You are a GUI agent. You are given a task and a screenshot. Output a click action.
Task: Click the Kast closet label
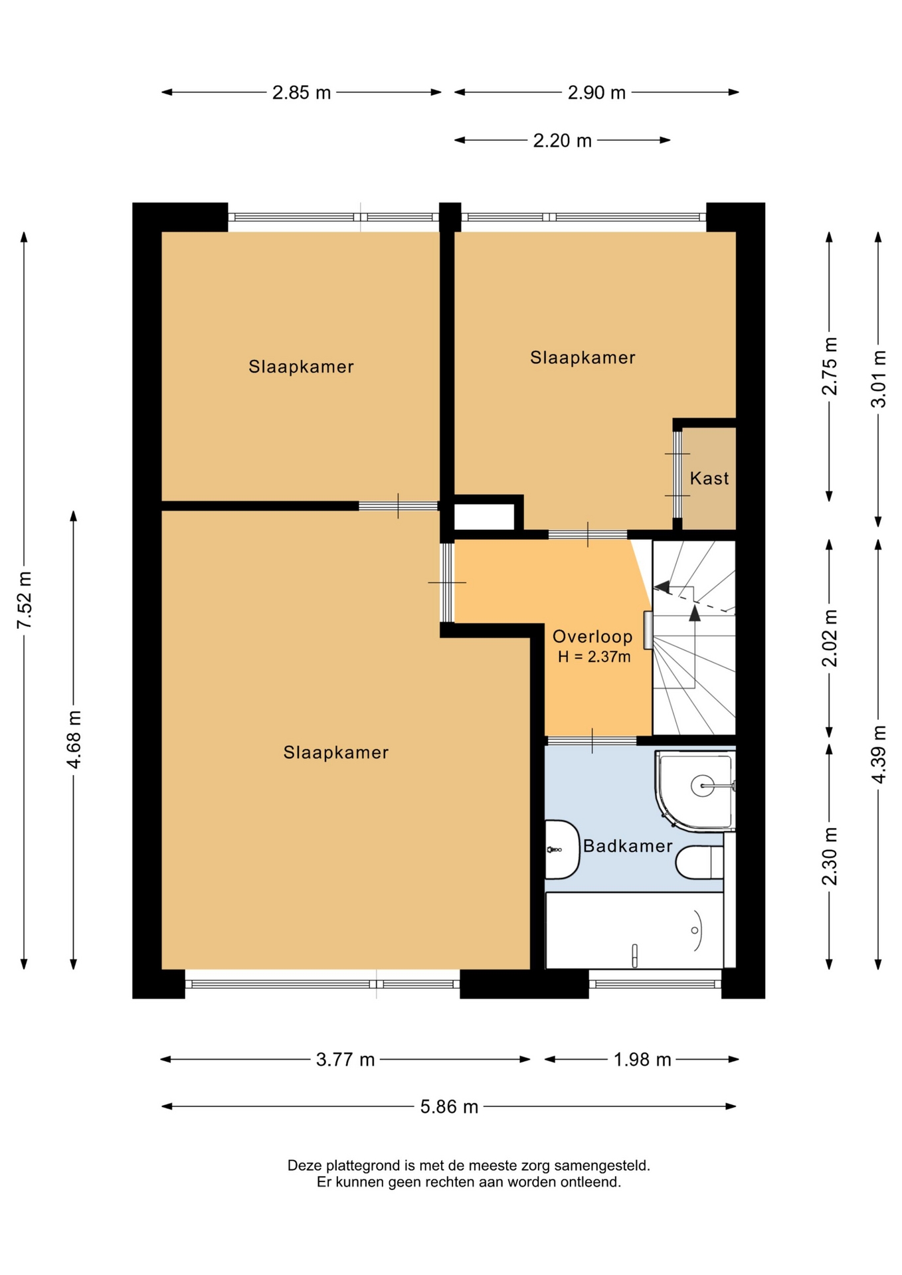[x=709, y=478]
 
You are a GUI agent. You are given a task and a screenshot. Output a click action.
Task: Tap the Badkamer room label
[x=628, y=846]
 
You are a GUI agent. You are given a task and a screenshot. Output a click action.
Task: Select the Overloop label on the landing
[x=592, y=637]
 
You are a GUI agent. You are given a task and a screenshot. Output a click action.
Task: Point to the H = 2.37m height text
[x=594, y=657]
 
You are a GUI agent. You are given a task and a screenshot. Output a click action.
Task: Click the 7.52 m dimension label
[x=25, y=600]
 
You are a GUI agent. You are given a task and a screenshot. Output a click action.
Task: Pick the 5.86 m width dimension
[x=449, y=1107]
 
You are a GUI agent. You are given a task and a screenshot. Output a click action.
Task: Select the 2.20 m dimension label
[x=562, y=141]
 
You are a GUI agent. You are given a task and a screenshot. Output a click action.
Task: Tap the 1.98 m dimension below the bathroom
[x=642, y=1060]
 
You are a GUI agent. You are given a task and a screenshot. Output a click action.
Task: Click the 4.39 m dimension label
[x=878, y=754]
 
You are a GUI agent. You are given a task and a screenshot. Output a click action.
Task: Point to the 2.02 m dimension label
[x=830, y=637]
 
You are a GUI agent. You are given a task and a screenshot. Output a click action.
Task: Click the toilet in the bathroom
[x=699, y=862]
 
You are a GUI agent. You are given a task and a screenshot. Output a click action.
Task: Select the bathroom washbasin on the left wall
[x=562, y=849]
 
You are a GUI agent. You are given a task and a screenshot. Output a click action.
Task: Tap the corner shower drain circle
[x=702, y=786]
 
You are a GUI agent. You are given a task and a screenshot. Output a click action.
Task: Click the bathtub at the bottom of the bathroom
[x=634, y=930]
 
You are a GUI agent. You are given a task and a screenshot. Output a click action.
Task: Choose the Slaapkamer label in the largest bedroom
[x=335, y=752]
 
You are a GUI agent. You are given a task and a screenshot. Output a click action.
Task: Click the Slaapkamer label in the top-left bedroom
[x=301, y=367]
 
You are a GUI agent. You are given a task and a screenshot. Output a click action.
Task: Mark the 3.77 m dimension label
[x=345, y=1060]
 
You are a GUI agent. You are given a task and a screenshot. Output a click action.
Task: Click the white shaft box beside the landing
[x=484, y=517]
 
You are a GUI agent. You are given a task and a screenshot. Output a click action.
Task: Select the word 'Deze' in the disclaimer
[x=304, y=1165]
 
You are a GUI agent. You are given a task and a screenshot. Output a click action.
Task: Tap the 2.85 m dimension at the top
[x=302, y=93]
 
